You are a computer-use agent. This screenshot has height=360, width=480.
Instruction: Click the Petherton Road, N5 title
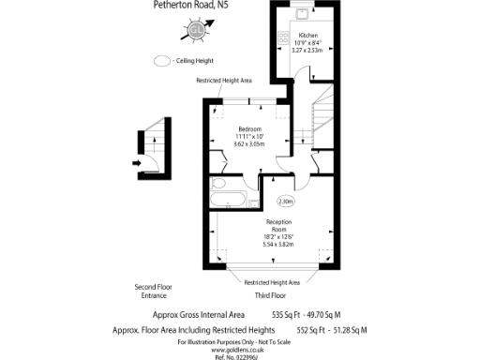click(x=190, y=5)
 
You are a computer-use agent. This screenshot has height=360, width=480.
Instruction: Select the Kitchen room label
click(x=308, y=35)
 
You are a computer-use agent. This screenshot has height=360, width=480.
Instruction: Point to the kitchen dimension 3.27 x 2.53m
click(x=308, y=51)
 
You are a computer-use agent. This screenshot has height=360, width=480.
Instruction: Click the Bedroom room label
click(x=249, y=128)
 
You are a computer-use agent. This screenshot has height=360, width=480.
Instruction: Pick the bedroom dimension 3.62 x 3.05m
click(x=249, y=143)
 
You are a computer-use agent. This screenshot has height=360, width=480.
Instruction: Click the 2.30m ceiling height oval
click(x=286, y=201)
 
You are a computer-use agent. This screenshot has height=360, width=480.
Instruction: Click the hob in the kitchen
click(x=282, y=38)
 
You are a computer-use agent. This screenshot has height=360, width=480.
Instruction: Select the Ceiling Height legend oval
click(x=161, y=61)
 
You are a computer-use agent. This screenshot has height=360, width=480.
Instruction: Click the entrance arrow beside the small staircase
click(x=138, y=162)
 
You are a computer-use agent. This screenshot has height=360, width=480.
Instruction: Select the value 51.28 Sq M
click(x=347, y=330)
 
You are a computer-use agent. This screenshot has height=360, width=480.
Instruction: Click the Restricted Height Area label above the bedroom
click(x=223, y=82)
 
